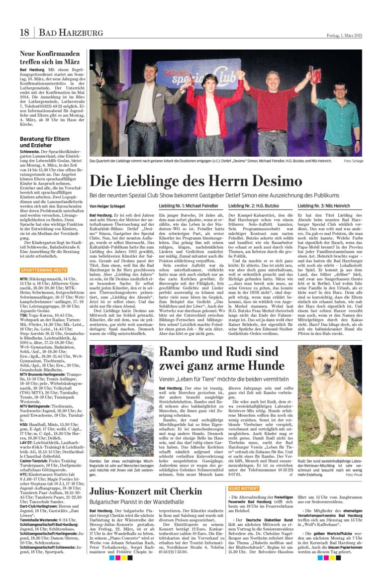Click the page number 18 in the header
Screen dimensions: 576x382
[x=25, y=33]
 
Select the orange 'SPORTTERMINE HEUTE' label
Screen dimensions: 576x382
[x=44, y=270]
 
